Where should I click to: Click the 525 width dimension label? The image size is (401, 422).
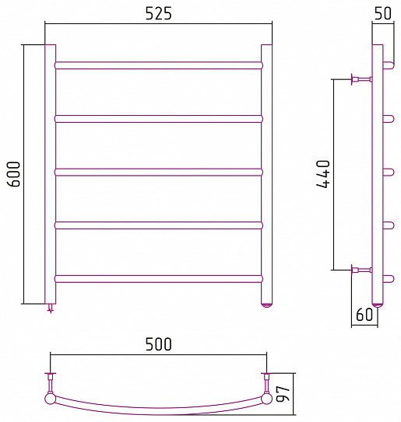tap(159, 13)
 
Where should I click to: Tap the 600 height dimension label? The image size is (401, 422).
tap(13, 174)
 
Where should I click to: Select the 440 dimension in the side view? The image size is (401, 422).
tap(323, 174)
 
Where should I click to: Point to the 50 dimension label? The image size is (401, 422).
tap(382, 13)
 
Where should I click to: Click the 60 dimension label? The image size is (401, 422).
tap(364, 314)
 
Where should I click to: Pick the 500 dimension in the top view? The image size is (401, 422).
tap(159, 344)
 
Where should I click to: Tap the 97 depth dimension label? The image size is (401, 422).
tap(283, 394)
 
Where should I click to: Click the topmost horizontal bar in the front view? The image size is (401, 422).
tap(159, 65)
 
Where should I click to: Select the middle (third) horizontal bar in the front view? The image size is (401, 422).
tap(159, 172)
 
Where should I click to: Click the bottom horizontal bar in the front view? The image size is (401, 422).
tap(159, 278)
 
